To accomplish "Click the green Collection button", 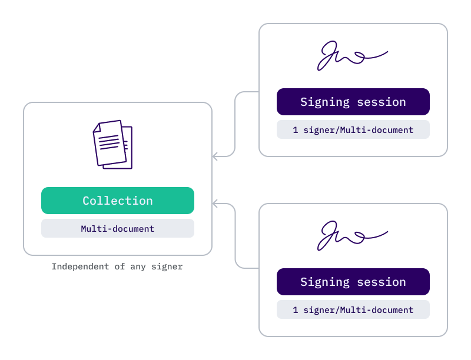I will click(118, 201).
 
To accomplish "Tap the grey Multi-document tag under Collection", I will click(118, 228).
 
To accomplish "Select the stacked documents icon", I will click(112, 144).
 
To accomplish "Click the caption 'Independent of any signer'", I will click(117, 266).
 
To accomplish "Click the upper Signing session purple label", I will click(353, 102).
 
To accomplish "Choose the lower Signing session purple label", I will click(353, 282).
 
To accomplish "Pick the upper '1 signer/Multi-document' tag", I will click(353, 129).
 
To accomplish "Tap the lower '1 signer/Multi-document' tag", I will click(353, 309).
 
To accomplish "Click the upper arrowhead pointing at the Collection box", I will click(215, 156).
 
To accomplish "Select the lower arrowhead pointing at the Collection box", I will click(215, 204).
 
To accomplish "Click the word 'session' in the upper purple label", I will click(381, 102).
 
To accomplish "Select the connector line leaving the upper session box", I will click(235, 124).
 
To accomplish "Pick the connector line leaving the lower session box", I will click(235, 235).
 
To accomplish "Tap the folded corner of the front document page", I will click(97, 127).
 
